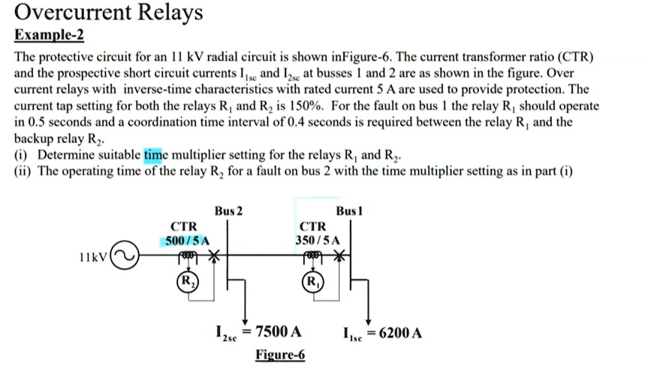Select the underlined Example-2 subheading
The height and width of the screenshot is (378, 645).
point(50,37)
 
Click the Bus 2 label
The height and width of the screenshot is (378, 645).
point(229,211)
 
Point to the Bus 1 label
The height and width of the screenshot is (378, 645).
point(350,211)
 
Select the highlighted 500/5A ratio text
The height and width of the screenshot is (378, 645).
point(185,240)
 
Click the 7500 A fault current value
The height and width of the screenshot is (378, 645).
point(279,332)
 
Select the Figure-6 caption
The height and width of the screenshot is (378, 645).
point(280,355)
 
